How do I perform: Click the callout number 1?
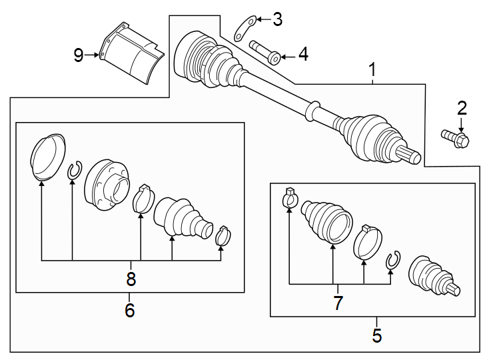(372, 69)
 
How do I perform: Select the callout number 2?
(462, 107)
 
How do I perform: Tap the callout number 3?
(277, 19)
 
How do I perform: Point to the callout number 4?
(303, 55)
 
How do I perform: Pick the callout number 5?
(377, 335)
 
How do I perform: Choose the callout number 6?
(129, 310)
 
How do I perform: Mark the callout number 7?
(338, 303)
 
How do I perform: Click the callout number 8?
(131, 279)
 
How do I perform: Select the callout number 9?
(79, 55)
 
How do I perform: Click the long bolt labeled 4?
(265, 52)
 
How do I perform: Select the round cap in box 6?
(48, 156)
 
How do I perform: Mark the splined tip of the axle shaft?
(412, 157)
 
